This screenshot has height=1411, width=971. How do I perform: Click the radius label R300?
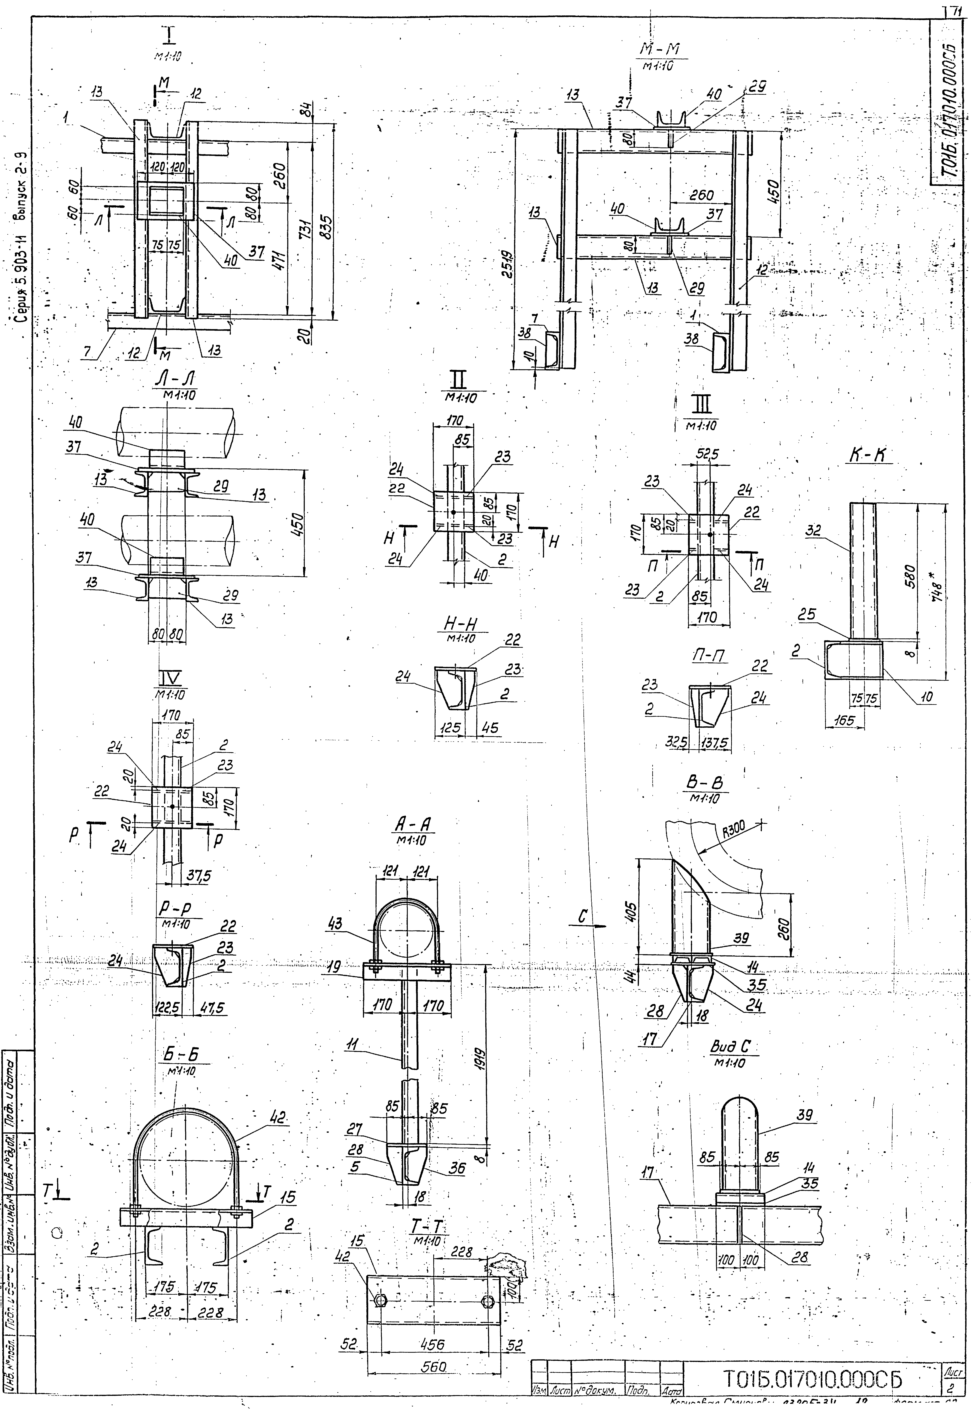point(734,830)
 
